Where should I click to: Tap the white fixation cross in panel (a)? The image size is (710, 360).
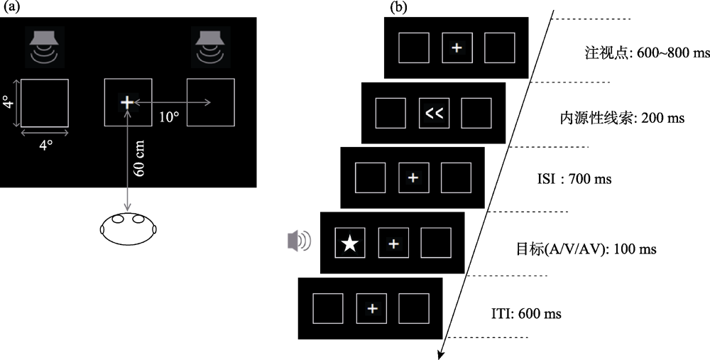coord(127,103)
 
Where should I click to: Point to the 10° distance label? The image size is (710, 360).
coord(168,117)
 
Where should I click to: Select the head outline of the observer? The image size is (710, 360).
coord(128,229)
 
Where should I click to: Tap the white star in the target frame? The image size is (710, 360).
coord(349,244)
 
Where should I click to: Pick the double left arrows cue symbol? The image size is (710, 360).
coord(434,112)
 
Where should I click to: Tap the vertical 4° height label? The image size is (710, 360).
coord(8,103)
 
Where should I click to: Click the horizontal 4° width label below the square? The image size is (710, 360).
coord(45,145)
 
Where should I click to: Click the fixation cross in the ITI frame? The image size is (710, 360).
coord(372,307)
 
